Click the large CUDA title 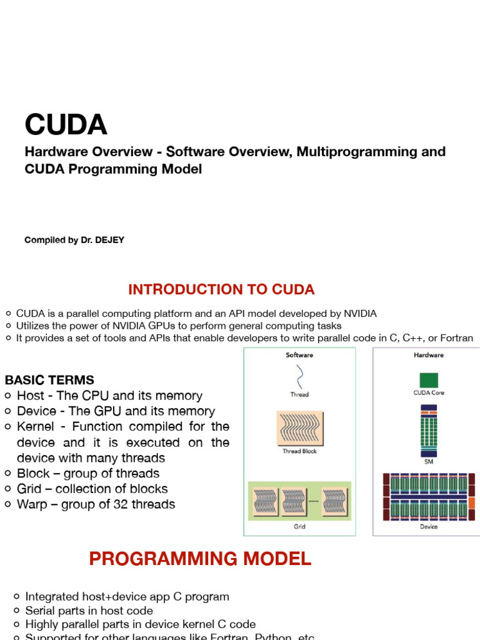click(66, 124)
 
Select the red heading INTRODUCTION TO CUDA click(221, 290)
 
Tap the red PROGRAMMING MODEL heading click(200, 559)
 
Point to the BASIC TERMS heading click(49, 380)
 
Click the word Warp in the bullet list click(32, 504)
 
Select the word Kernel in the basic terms click(36, 427)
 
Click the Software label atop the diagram click(299, 355)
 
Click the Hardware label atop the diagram click(429, 355)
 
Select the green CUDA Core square click(429, 380)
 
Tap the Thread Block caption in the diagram click(299, 451)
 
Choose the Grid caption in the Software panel click(299, 527)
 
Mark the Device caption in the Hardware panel click(429, 527)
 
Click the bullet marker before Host click(8, 396)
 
